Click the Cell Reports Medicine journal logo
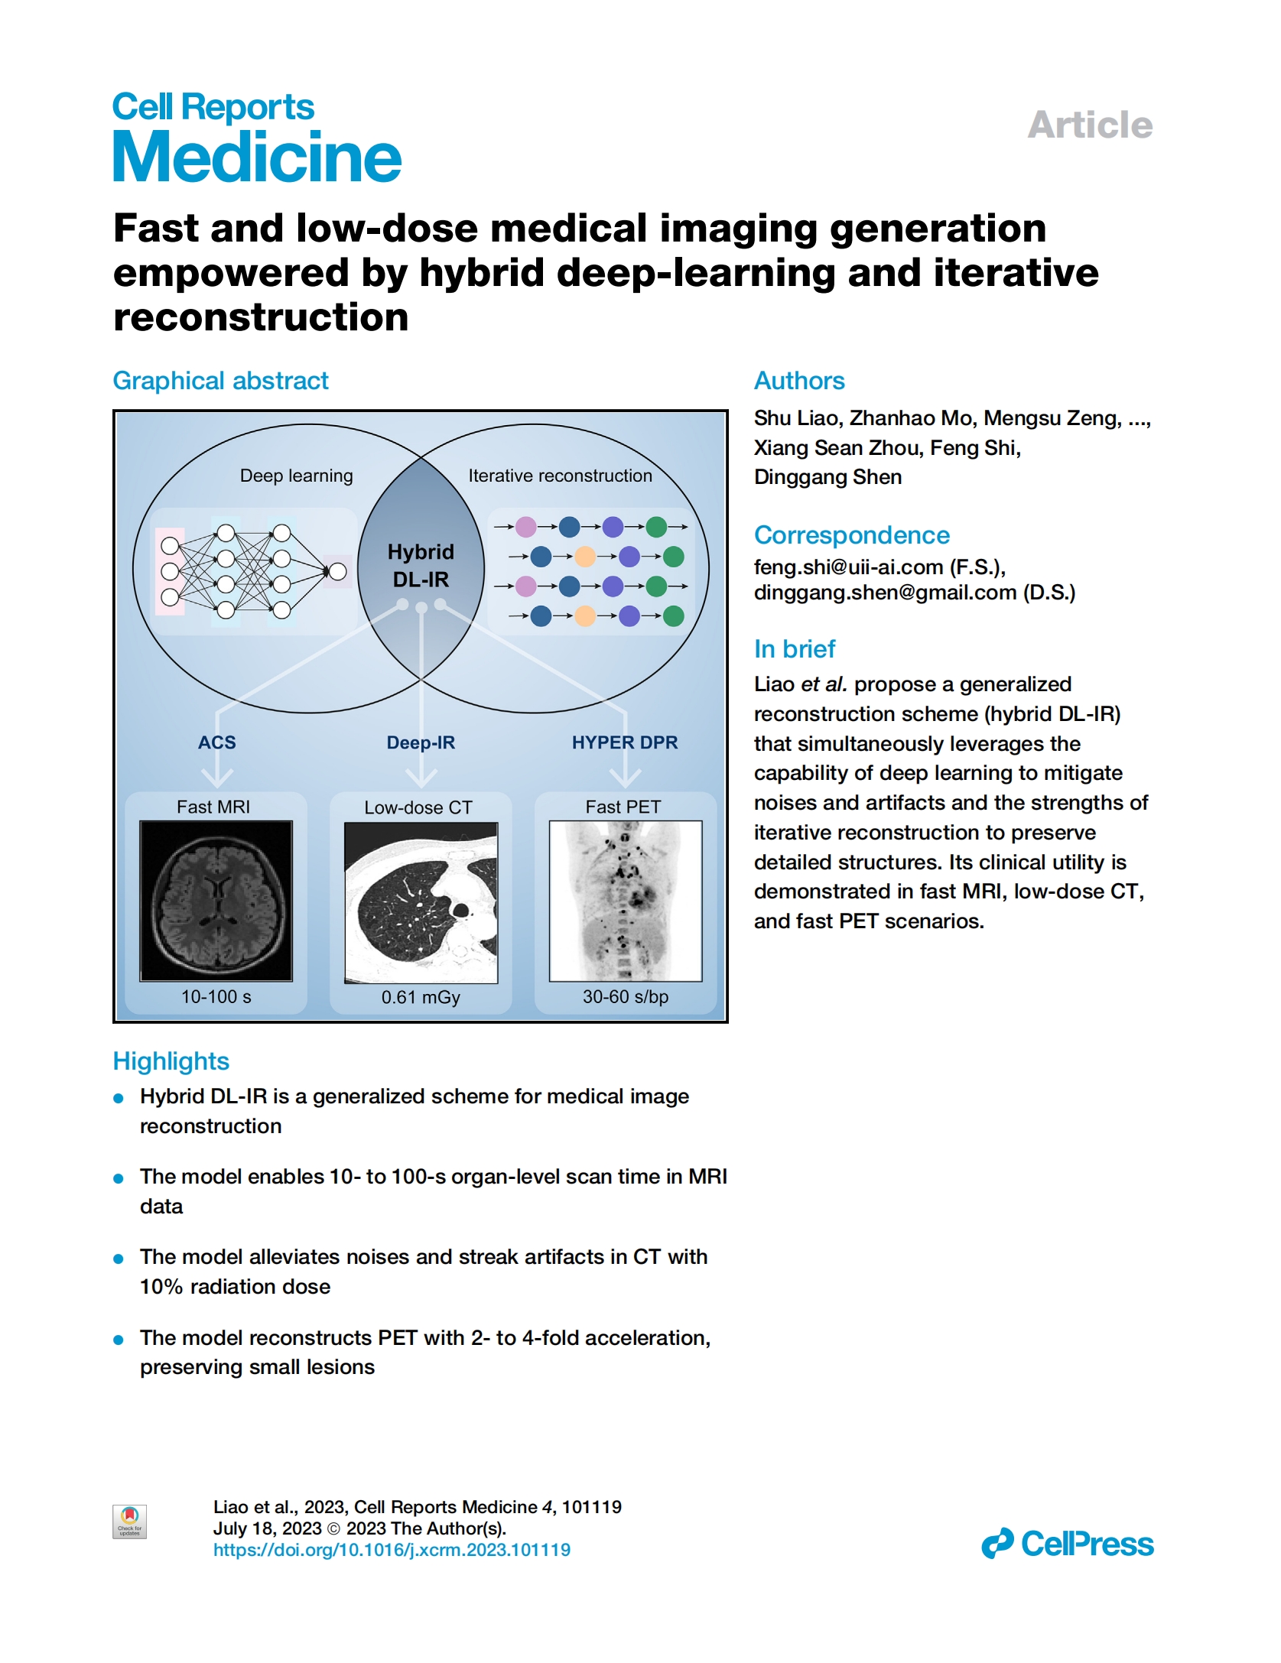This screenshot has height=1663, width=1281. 257,137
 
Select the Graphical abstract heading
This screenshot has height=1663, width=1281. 220,381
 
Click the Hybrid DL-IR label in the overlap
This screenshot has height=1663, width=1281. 421,566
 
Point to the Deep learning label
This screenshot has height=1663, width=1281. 297,476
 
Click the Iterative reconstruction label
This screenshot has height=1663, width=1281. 561,476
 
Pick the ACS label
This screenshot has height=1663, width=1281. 217,742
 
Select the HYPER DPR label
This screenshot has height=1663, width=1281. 625,742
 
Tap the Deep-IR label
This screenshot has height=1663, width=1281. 421,743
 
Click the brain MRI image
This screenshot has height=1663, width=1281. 216,901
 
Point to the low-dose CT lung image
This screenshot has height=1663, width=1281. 421,902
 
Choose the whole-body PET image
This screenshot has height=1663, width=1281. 626,901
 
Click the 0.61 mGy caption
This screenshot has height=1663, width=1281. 421,998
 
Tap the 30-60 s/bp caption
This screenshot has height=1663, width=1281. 626,997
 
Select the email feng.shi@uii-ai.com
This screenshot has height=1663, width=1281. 848,567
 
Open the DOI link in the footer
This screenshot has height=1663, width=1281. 392,1550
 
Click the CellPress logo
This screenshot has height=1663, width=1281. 1068,1544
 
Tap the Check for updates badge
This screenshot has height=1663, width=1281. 129,1522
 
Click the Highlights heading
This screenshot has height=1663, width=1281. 171,1061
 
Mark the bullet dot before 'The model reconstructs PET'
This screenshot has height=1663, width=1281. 119,1340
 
